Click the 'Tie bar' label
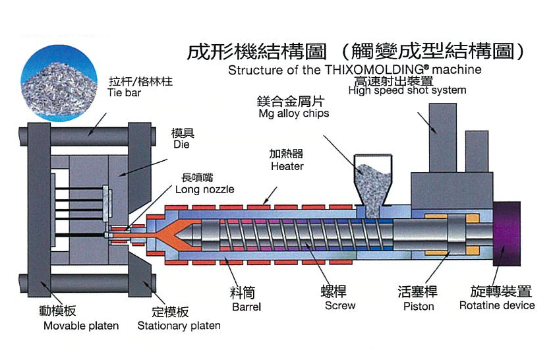click(124, 93)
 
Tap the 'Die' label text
click(181, 144)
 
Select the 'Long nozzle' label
click(204, 189)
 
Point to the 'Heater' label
click(287, 166)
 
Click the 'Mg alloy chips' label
click(294, 113)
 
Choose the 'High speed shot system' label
click(407, 90)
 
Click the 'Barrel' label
click(247, 307)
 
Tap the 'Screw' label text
click(340, 306)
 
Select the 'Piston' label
click(419, 307)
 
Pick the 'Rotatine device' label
click(497, 305)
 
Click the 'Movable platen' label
click(81, 326)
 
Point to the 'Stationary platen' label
click(179, 326)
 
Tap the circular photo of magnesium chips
click(59, 83)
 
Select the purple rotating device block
click(506, 233)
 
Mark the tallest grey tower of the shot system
click(443, 138)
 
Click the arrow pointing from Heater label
click(270, 196)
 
